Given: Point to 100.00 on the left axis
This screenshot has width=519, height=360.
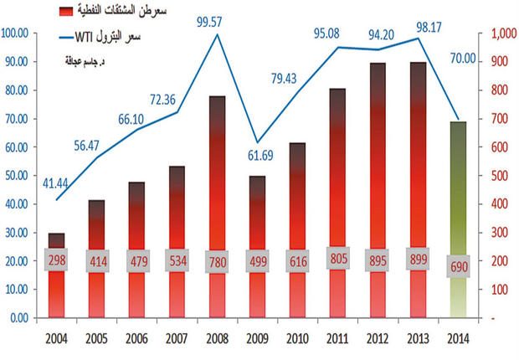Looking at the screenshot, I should [x=18, y=33].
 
